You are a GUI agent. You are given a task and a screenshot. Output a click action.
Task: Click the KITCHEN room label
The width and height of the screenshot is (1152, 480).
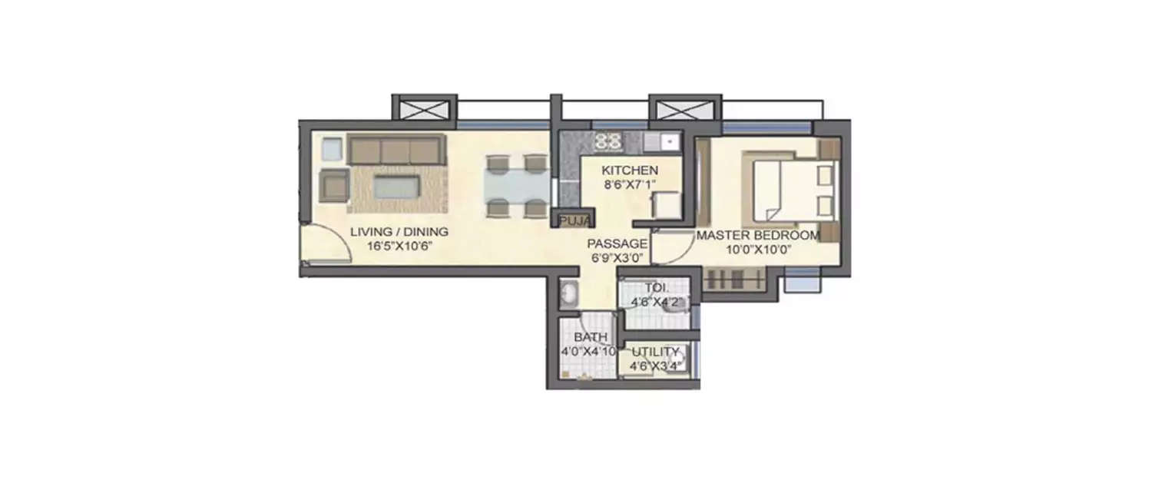pyautogui.click(x=629, y=170)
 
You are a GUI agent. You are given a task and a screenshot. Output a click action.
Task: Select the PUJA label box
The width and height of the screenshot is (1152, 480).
pyautogui.click(x=574, y=221)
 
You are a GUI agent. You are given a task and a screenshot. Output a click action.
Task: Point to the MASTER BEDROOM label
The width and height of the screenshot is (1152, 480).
pyautogui.click(x=757, y=236)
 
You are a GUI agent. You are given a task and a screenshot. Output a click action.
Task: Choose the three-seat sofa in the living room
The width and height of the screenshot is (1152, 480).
pyautogui.click(x=396, y=149)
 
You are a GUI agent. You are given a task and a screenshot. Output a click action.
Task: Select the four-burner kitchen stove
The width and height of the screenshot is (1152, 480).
pyautogui.click(x=609, y=141)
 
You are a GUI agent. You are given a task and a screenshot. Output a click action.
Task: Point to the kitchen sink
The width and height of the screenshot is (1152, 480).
pyautogui.click(x=663, y=141)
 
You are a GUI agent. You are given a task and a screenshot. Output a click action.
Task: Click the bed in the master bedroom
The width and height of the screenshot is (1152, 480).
pyautogui.click(x=787, y=187)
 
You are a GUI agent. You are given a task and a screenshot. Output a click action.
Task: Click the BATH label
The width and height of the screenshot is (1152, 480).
pyautogui.click(x=591, y=337)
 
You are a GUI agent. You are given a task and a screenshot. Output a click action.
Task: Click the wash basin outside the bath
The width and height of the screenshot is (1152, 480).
pyautogui.click(x=570, y=293)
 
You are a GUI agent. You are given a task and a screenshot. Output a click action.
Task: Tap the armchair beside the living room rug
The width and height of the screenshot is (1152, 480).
pyautogui.click(x=333, y=184)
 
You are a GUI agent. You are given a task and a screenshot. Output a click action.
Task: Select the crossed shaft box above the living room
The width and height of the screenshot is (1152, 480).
pyautogui.click(x=425, y=108)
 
